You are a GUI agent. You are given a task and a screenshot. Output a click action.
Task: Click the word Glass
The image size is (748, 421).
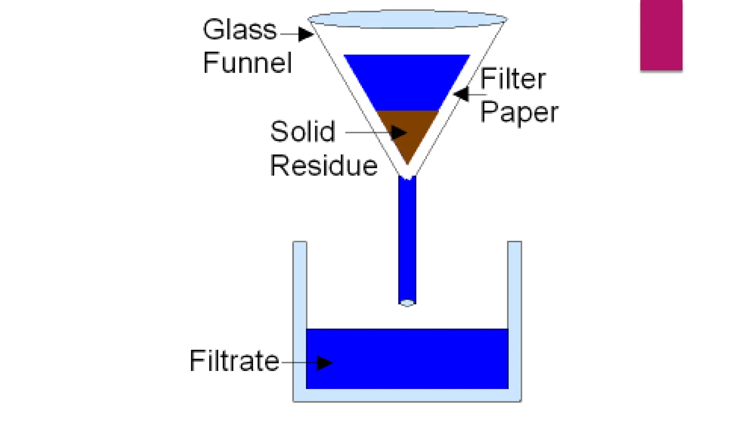click(x=240, y=30)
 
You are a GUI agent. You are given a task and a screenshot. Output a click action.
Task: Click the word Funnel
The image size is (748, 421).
click(x=247, y=63)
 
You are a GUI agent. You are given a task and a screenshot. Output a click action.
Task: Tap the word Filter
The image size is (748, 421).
click(x=512, y=79)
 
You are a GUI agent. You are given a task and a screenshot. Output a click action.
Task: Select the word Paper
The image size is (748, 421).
click(x=519, y=113)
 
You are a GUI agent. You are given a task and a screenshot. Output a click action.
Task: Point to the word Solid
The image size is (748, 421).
click(x=302, y=132)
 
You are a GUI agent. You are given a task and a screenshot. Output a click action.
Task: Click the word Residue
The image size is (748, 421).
click(x=324, y=166)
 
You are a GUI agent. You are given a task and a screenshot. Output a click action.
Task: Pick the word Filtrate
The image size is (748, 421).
click(x=234, y=361)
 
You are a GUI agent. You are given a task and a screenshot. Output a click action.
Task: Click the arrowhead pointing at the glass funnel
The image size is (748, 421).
click(x=305, y=34)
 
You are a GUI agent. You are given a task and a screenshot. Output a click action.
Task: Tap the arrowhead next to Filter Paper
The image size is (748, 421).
click(x=462, y=94)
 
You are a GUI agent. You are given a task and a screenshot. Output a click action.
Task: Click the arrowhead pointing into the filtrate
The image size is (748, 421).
click(x=324, y=363)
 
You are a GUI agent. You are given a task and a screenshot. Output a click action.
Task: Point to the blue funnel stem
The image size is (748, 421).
click(x=407, y=238)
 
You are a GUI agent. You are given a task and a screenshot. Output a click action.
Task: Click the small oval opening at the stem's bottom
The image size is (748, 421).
click(x=407, y=303)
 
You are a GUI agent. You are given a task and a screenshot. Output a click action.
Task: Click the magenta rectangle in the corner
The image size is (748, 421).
click(x=661, y=35)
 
